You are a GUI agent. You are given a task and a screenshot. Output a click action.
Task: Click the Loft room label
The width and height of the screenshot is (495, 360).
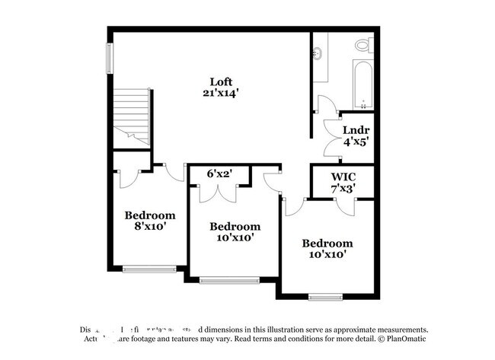[x=221, y=81]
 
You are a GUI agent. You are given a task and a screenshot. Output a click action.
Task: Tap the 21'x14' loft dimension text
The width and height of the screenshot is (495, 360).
[x=221, y=93]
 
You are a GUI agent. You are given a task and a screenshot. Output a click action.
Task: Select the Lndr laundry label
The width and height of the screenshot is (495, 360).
[x=351, y=129]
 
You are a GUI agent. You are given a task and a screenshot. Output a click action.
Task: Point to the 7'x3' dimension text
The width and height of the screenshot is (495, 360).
[x=343, y=188]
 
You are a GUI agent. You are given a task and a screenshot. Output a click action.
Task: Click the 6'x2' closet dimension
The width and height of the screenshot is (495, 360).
[x=219, y=174]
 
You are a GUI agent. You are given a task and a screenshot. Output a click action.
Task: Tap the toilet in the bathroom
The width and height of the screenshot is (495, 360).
[x=363, y=46]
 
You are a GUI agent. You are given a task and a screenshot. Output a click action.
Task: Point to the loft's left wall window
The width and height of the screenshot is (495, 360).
[x=109, y=59]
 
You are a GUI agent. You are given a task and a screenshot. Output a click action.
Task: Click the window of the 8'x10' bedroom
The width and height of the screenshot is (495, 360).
[x=149, y=268]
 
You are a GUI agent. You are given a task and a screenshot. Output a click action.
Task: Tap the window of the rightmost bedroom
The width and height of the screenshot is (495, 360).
[x=325, y=296]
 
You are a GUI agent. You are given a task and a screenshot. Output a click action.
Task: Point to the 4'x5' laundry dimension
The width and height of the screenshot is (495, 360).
[x=351, y=141]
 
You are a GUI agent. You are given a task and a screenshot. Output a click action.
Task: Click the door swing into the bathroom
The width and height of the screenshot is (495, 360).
[x=325, y=104]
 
